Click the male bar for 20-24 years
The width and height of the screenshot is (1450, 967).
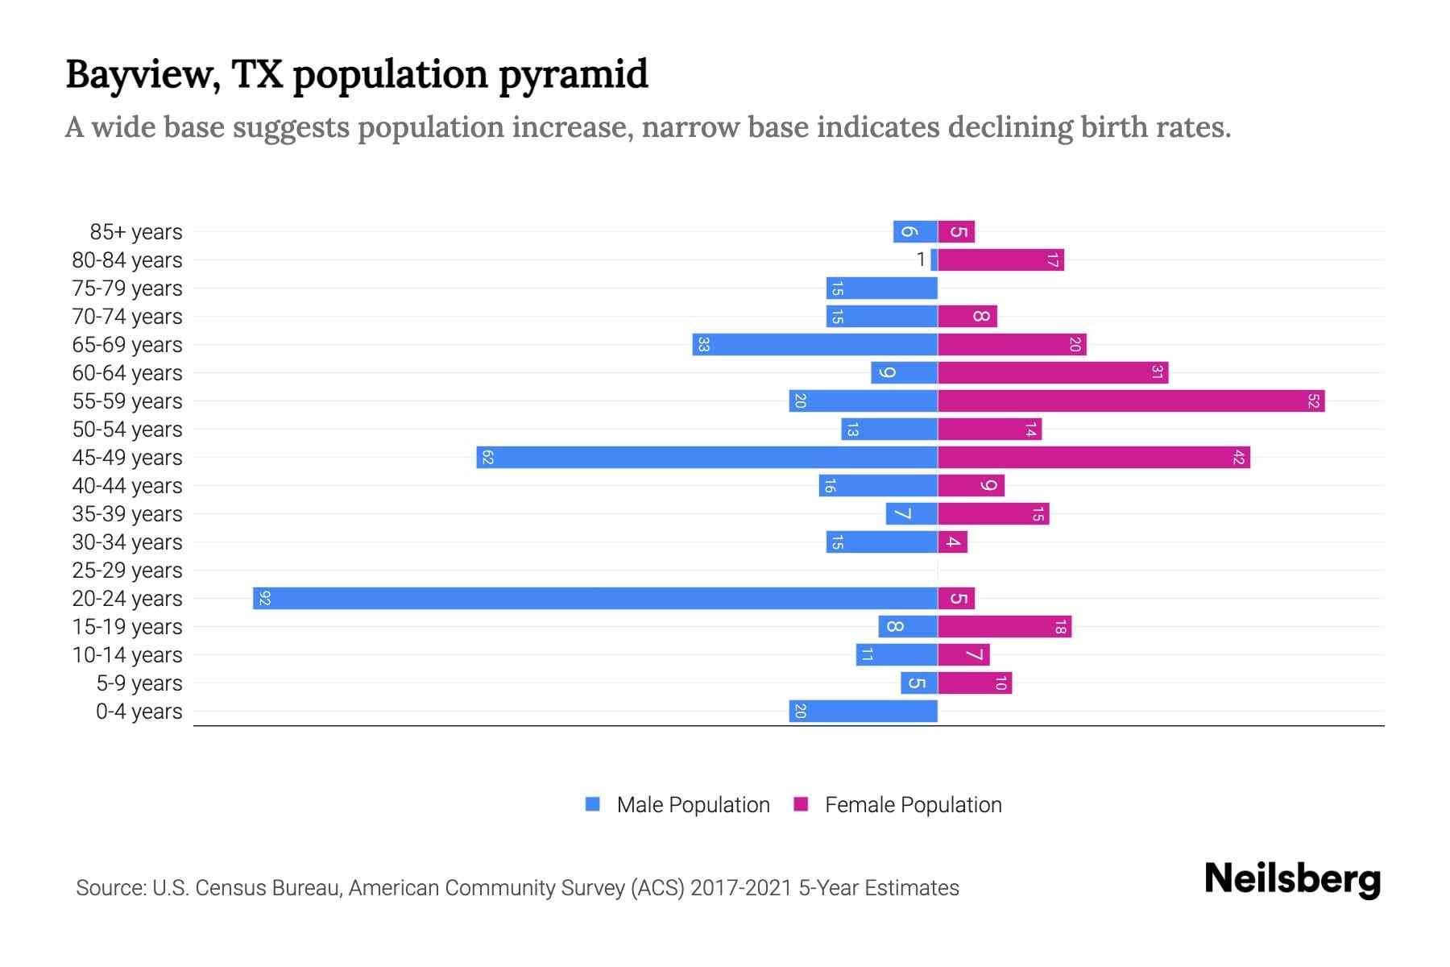coord(594,598)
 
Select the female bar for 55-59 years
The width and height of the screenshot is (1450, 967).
coord(1131,400)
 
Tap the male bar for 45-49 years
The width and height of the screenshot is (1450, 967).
coord(706,457)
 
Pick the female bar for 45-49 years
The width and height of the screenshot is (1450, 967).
coord(1093,457)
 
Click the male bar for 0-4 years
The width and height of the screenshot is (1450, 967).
coord(863,711)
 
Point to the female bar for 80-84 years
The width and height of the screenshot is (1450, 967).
coord(1000,259)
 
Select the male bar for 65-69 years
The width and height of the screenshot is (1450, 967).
coord(814,344)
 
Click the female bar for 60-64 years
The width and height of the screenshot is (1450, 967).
coord(1053,372)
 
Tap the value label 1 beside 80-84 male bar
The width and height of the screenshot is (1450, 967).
coord(921,259)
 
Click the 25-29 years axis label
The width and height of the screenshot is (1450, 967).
coord(127,571)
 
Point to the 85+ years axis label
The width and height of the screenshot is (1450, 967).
coord(136,232)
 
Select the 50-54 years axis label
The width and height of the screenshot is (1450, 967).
coord(127,430)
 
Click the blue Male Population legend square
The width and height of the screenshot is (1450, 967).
coord(593,804)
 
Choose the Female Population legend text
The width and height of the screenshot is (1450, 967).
coord(913,805)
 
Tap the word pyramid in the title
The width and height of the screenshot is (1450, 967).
coord(573,75)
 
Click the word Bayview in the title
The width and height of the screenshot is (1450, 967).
coord(142,75)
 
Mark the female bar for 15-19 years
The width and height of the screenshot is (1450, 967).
coord(1005,626)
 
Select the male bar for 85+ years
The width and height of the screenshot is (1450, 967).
coord(915,231)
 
